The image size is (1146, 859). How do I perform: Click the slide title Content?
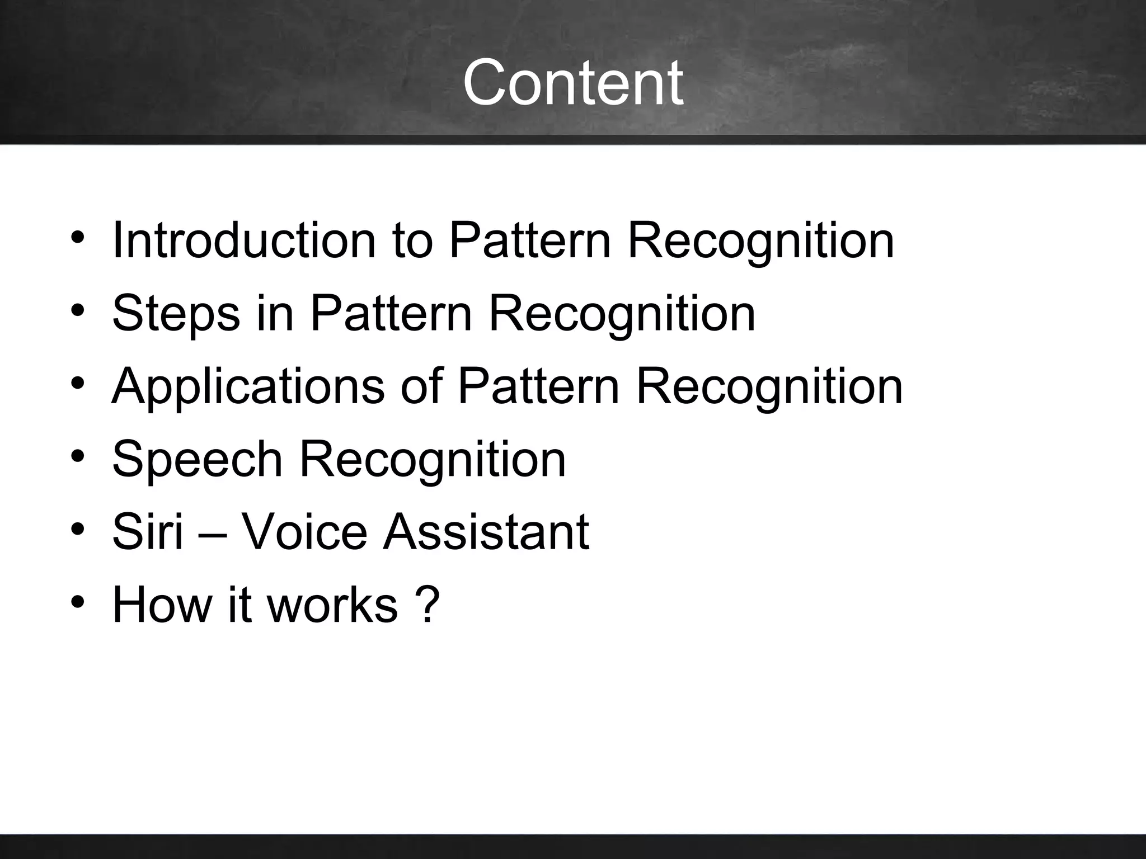click(572, 83)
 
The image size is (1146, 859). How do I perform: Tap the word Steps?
click(176, 314)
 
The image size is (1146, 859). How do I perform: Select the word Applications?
click(248, 387)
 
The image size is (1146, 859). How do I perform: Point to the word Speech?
click(197, 460)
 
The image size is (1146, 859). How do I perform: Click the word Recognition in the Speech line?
click(433, 460)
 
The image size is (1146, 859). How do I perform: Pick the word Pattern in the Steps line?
click(391, 314)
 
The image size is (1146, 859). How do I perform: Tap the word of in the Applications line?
click(421, 387)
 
